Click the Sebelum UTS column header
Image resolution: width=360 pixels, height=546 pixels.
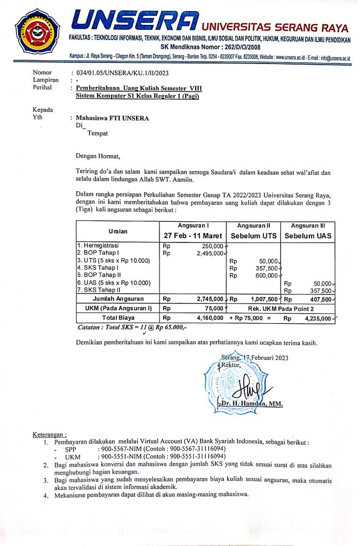253,236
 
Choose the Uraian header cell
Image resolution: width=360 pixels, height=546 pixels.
118,231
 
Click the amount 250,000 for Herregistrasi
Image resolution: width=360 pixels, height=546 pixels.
212,246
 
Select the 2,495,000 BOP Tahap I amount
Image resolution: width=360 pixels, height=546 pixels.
210,253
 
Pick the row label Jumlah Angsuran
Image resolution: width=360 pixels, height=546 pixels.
118,299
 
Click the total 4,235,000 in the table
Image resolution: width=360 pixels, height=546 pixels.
317,319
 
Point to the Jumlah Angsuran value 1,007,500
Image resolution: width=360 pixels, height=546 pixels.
261,299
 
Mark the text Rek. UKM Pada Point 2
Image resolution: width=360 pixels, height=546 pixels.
280,309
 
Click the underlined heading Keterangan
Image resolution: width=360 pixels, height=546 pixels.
50,435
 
